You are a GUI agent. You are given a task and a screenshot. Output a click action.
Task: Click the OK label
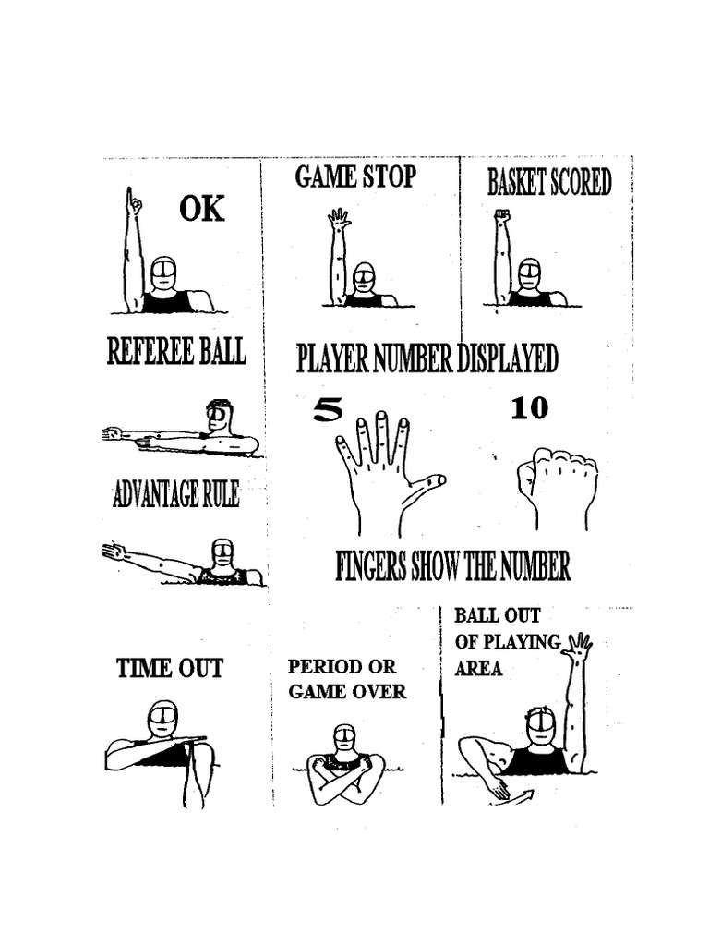click(201, 210)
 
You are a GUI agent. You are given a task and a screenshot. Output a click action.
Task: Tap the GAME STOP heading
click(355, 176)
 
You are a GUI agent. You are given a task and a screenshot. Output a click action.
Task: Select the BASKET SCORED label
click(549, 183)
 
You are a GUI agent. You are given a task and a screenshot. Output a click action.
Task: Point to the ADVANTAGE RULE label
click(175, 495)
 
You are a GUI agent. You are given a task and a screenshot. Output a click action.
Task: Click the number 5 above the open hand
click(327, 409)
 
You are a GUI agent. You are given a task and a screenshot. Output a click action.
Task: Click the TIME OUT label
click(170, 668)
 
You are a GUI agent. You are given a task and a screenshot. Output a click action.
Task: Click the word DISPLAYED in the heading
click(507, 358)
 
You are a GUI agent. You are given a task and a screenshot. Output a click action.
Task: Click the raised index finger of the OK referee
click(135, 200)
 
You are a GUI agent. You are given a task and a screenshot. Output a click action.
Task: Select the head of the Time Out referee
click(162, 719)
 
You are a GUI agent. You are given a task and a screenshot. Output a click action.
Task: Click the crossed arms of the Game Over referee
click(345, 772)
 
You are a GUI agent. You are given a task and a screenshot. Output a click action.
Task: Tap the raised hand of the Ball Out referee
click(579, 645)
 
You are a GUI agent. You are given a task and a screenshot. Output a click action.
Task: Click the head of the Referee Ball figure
click(218, 415)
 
